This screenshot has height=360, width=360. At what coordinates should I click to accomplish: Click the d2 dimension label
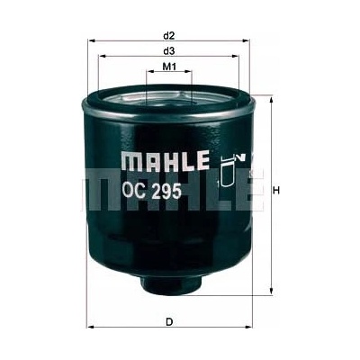169,36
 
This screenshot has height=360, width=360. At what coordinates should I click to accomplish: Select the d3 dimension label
169,51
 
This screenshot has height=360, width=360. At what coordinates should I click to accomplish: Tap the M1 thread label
169,67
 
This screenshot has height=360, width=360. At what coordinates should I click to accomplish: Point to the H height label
276,190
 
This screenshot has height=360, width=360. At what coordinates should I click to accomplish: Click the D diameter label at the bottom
169,322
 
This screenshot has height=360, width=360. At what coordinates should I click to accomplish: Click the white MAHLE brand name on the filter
165,160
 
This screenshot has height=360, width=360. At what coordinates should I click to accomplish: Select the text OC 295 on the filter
151,191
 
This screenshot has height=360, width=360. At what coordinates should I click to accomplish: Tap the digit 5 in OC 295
176,191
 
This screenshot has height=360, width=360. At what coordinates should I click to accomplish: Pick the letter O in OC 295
127,191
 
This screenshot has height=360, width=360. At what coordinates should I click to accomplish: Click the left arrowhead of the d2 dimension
91,40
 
